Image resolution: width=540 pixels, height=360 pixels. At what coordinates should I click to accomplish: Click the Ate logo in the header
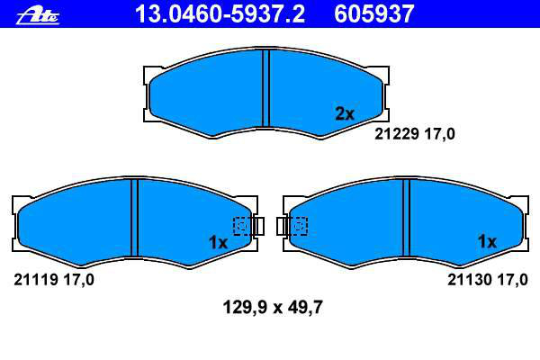pos(38,16)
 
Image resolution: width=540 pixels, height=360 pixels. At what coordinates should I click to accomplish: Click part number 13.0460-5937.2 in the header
pos(220,13)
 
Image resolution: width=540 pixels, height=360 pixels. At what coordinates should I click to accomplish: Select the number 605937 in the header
pos(373,13)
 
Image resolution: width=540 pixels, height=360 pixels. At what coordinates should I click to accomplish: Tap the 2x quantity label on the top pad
pos(345,113)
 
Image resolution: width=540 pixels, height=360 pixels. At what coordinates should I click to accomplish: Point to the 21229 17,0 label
pos(415,134)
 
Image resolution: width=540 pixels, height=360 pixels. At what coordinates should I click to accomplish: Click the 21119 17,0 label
pos(54,280)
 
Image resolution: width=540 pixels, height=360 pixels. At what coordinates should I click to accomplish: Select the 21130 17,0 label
pos(487,280)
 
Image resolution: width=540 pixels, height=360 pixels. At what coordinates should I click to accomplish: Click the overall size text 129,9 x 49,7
pos(273,307)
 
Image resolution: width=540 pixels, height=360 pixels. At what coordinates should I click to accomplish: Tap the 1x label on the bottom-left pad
pos(218,242)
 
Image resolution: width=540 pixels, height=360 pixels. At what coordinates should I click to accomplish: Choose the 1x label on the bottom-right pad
pos(487,241)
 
